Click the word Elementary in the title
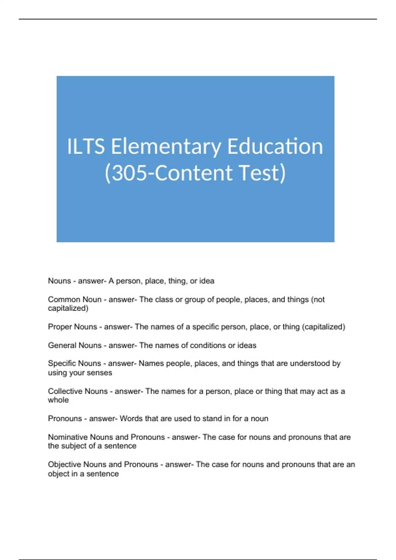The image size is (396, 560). (166, 147)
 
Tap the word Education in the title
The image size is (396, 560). (275, 147)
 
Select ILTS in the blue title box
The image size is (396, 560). (86, 147)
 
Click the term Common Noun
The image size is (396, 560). (75, 299)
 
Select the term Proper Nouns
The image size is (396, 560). (73, 327)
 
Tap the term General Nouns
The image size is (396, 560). (75, 345)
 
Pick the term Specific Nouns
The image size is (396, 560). (75, 363)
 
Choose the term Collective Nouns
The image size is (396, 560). (78, 391)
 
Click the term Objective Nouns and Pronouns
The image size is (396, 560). (103, 464)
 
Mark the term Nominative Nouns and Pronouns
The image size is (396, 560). (106, 437)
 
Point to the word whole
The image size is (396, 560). (58, 400)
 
